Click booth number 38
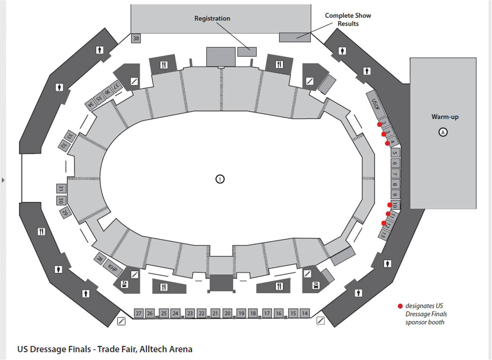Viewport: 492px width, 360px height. coord(136,38)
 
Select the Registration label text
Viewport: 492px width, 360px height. coord(212,18)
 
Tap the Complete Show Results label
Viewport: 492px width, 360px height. coord(348,19)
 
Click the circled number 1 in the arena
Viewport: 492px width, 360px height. coord(220,179)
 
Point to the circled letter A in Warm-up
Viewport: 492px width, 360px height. coord(443,132)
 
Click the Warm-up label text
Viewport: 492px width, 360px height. coord(445,117)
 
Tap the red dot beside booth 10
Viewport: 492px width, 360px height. coord(390,205)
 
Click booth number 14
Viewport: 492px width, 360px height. coord(304,313)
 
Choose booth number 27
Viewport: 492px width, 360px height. coord(138,313)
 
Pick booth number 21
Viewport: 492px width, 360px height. coord(215,313)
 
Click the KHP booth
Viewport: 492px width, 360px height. coord(112,267)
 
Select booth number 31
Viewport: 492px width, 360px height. coord(61,189)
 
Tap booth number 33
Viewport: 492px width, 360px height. coord(70,136)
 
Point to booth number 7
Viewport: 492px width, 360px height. coord(395,174)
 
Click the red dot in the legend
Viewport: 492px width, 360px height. coord(400,306)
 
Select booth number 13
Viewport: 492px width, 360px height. coord(383,235)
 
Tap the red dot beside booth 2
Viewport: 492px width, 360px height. coord(380,124)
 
